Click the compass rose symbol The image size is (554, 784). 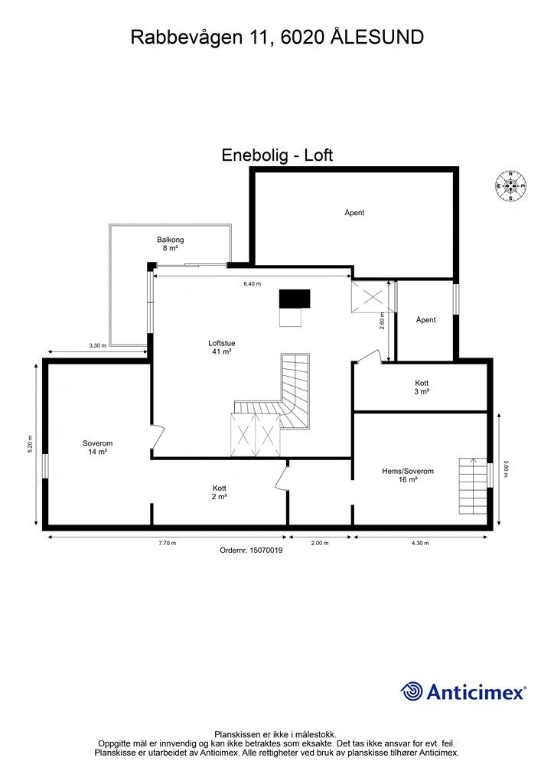(x=510, y=185)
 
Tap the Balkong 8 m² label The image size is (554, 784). (x=171, y=244)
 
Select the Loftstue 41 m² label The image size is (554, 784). (x=221, y=348)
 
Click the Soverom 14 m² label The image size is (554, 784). (x=97, y=448)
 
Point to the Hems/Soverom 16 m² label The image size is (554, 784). (x=408, y=475)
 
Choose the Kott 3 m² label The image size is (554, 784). (x=422, y=387)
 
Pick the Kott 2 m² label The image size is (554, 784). (x=220, y=492)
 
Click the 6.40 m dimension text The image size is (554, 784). (x=253, y=284)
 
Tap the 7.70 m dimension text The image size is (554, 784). (x=168, y=544)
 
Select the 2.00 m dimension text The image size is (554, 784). (x=320, y=544)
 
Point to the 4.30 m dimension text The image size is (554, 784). (x=420, y=544)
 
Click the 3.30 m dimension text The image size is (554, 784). (x=97, y=346)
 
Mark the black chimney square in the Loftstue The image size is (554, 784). (x=295, y=299)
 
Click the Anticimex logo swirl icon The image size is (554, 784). (x=412, y=691)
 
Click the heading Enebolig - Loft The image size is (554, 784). (x=277, y=155)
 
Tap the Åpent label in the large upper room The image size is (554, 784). (x=354, y=213)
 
